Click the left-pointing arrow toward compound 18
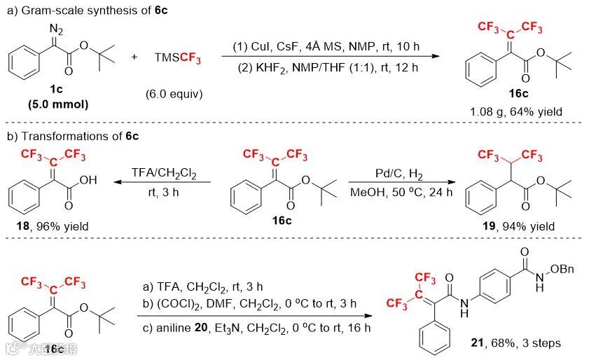coord(165,183)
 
